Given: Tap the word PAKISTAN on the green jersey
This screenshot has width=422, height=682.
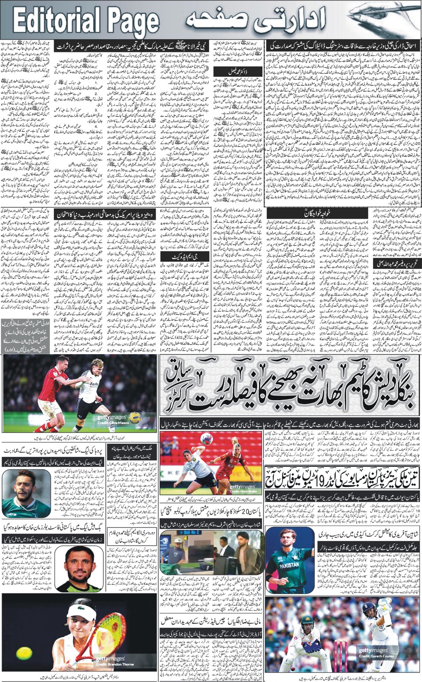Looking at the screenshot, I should (289, 564).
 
